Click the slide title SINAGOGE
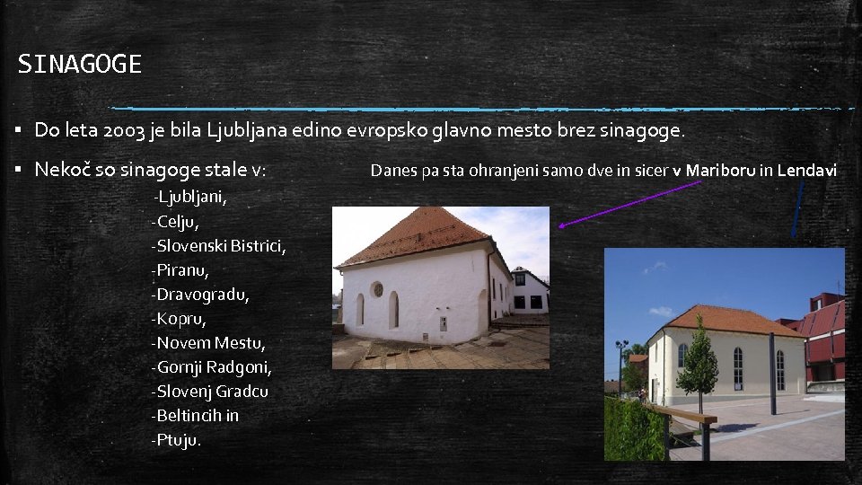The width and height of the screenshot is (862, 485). tap(80, 65)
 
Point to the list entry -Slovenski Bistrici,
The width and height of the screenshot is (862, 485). tap(219, 245)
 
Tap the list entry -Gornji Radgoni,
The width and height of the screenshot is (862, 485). tap(212, 367)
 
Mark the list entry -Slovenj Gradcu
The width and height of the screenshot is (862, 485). tap(209, 392)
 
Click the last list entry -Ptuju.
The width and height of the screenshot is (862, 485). tap(177, 440)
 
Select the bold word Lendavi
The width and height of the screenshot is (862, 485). tap(807, 170)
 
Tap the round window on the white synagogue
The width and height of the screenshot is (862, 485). tap(377, 289)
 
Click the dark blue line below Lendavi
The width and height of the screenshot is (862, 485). tap(797, 207)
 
